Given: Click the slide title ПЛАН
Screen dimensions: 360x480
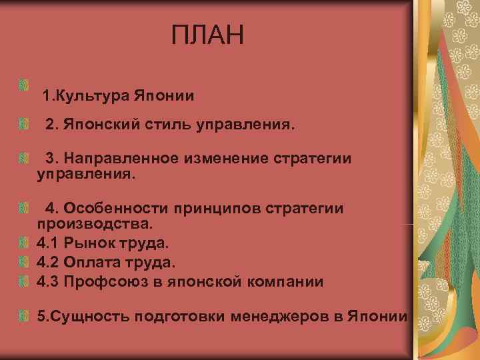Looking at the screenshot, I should point(208,35).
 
